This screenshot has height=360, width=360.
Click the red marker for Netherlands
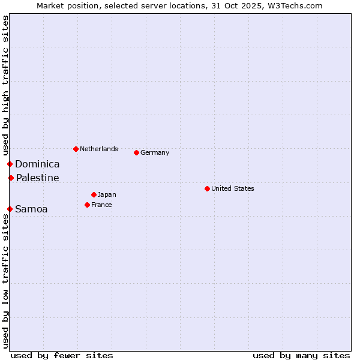click(x=76, y=149)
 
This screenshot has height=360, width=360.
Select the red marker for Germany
click(x=136, y=152)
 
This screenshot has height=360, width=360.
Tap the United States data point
click(x=207, y=188)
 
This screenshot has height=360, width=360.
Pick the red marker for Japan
click(x=94, y=194)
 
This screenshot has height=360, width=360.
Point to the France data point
click(x=87, y=205)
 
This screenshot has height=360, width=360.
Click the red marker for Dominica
click(x=10, y=164)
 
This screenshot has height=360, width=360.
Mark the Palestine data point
click(x=11, y=178)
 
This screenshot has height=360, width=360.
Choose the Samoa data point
click(x=10, y=209)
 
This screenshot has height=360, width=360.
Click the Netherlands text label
click(x=99, y=149)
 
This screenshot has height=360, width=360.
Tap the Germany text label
click(x=155, y=152)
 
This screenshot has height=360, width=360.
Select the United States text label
click(x=233, y=188)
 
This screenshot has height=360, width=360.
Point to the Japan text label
click(x=107, y=194)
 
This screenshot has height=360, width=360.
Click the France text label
click(x=102, y=205)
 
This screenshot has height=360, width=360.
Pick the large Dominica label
click(x=37, y=164)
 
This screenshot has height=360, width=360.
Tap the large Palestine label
click(x=38, y=178)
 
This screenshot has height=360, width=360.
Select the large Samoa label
click(x=31, y=209)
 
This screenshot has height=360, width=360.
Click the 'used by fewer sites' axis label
click(x=62, y=355)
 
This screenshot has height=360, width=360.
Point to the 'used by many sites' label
click(x=301, y=355)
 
